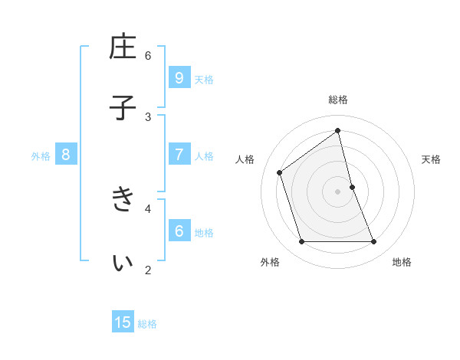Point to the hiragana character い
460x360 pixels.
coord(123,262)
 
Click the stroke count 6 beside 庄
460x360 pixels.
coord(148,55)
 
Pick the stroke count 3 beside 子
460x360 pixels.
coord(148,116)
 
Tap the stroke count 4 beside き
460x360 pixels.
coord(148,208)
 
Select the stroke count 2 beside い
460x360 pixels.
coord(148,270)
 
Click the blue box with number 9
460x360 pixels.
coord(179,77)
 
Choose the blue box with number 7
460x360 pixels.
coord(179,155)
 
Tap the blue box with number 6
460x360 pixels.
coord(179,231)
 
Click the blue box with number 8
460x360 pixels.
coord(66,155)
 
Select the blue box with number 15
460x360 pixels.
coord(123,322)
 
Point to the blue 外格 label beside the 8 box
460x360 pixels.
coord(41,156)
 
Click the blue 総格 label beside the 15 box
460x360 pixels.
coord(147,324)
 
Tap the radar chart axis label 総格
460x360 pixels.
coord(338,100)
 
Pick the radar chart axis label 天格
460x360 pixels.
coord(432,159)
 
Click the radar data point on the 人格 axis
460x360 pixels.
coord(280,172)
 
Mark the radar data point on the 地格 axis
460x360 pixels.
coord(374,242)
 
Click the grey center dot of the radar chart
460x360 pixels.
coord(338,191)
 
